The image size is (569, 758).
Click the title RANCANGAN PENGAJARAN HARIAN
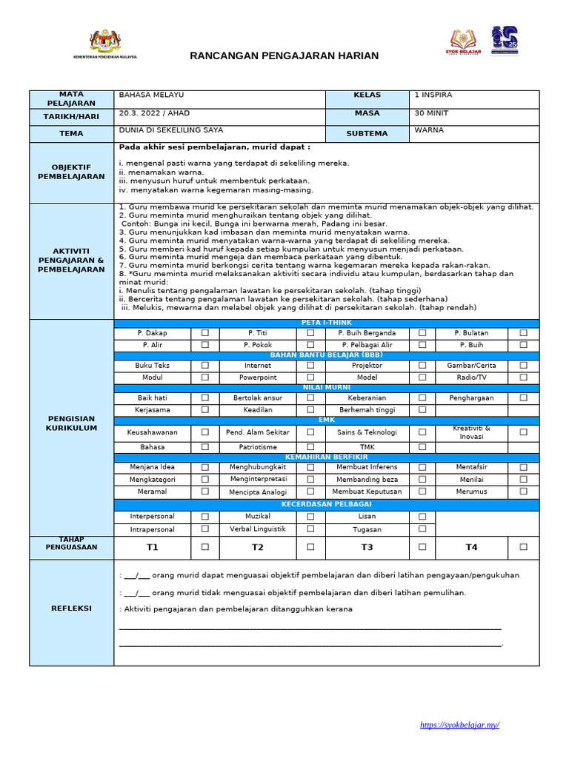(x=284, y=56)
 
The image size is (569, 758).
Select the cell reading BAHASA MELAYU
(x=152, y=95)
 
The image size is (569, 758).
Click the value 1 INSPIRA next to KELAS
(x=433, y=95)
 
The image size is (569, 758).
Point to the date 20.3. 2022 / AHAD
(x=154, y=113)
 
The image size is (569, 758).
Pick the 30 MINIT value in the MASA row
(x=431, y=113)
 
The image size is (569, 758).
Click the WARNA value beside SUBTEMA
(x=430, y=130)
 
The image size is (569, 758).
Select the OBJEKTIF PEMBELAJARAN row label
(x=72, y=172)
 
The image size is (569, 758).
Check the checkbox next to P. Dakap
(x=205, y=334)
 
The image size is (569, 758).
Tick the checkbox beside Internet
(x=310, y=366)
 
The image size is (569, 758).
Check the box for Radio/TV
(x=523, y=378)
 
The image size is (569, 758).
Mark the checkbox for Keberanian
(x=422, y=398)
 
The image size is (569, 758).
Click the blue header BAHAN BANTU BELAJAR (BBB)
(x=327, y=355)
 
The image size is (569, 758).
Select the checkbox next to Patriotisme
(x=310, y=447)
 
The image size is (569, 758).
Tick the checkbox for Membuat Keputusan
(x=422, y=492)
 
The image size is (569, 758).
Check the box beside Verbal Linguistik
(x=310, y=529)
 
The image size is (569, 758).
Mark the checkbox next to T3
(x=422, y=547)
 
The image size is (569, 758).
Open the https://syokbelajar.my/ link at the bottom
(x=459, y=725)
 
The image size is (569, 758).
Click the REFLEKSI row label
(x=72, y=608)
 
